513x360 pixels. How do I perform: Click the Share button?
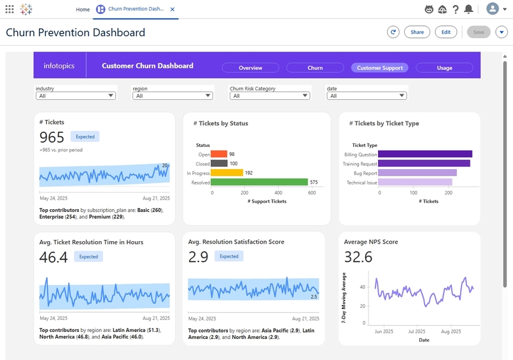[417, 32]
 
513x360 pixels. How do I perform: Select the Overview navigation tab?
[250, 67]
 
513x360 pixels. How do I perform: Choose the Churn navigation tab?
[315, 67]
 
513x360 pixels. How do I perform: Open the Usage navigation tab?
[444, 67]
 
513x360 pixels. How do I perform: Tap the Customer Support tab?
[380, 67]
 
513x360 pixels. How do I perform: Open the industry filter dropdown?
[75, 96]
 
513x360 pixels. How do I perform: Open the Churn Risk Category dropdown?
[269, 96]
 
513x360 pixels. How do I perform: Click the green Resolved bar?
[259, 183]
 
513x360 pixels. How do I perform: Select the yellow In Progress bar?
[227, 173]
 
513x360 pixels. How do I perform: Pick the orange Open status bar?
[219, 154]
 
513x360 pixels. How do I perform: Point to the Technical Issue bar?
[415, 183]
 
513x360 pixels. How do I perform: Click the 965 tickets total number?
[52, 137]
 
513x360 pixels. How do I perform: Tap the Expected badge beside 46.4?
[88, 257]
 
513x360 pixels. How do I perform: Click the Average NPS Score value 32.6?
[358, 257]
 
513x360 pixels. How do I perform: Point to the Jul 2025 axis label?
[416, 331]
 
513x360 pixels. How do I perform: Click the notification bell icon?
[468, 9]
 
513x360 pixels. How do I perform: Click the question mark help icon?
[456, 9]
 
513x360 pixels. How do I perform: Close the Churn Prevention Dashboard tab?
[172, 10]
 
